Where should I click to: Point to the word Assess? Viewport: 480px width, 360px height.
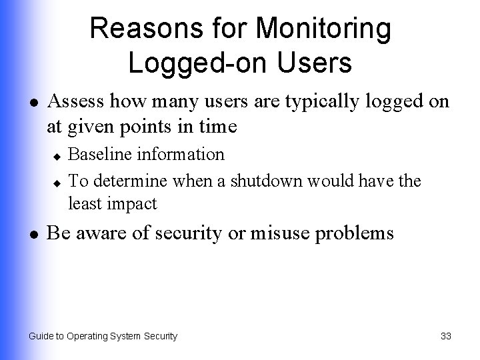[x=77, y=101]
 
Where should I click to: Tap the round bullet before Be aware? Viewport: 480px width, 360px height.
[x=34, y=235]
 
